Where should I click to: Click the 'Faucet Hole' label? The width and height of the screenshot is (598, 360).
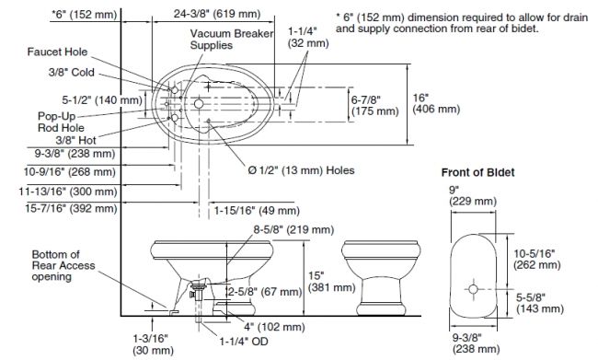[57, 52]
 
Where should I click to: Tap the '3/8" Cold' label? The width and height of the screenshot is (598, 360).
[72, 72]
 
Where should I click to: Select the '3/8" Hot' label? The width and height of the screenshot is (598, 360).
[76, 140]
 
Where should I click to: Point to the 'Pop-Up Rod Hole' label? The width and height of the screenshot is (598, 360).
[61, 122]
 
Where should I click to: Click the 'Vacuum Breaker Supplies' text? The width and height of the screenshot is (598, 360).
[232, 40]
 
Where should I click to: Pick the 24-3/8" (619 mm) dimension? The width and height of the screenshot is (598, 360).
[217, 14]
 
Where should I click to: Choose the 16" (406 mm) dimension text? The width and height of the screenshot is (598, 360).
[436, 103]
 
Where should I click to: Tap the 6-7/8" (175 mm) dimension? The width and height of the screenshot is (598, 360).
[374, 105]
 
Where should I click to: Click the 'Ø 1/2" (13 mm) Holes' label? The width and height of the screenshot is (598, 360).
[301, 170]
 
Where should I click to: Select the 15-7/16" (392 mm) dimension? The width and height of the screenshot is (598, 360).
[72, 208]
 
